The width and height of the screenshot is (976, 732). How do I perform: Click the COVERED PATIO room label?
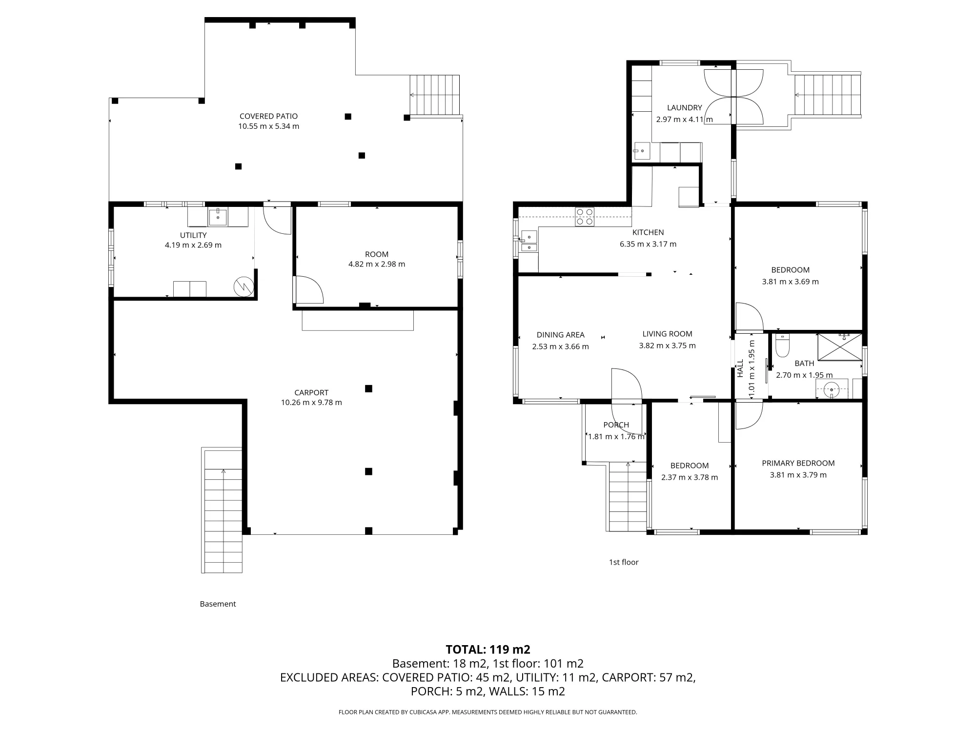tap(268, 116)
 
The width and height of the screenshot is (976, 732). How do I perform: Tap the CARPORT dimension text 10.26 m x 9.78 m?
tap(311, 403)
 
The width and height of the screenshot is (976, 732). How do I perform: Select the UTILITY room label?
tap(193, 235)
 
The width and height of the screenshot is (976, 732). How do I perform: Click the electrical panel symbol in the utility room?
tap(244, 286)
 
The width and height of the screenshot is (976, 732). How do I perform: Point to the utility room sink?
tap(218, 217)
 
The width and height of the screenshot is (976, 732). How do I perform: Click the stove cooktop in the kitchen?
tap(585, 217)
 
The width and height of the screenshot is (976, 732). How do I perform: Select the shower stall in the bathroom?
tap(840, 347)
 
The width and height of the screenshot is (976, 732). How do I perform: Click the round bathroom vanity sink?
tap(831, 389)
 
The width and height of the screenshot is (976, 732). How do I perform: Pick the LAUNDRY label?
tap(684, 108)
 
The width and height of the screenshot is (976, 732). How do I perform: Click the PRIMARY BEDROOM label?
tap(798, 463)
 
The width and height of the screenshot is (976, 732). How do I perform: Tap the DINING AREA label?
tap(560, 335)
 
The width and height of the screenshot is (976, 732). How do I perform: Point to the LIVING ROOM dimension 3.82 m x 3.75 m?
tap(667, 346)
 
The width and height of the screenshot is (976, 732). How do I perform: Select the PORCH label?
tap(616, 425)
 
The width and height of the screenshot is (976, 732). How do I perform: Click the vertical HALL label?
tap(740, 368)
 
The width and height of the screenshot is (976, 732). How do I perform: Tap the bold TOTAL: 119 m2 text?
tap(488, 650)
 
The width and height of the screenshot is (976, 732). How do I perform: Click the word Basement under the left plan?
tap(218, 604)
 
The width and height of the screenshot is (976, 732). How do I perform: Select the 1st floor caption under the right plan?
tap(624, 562)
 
